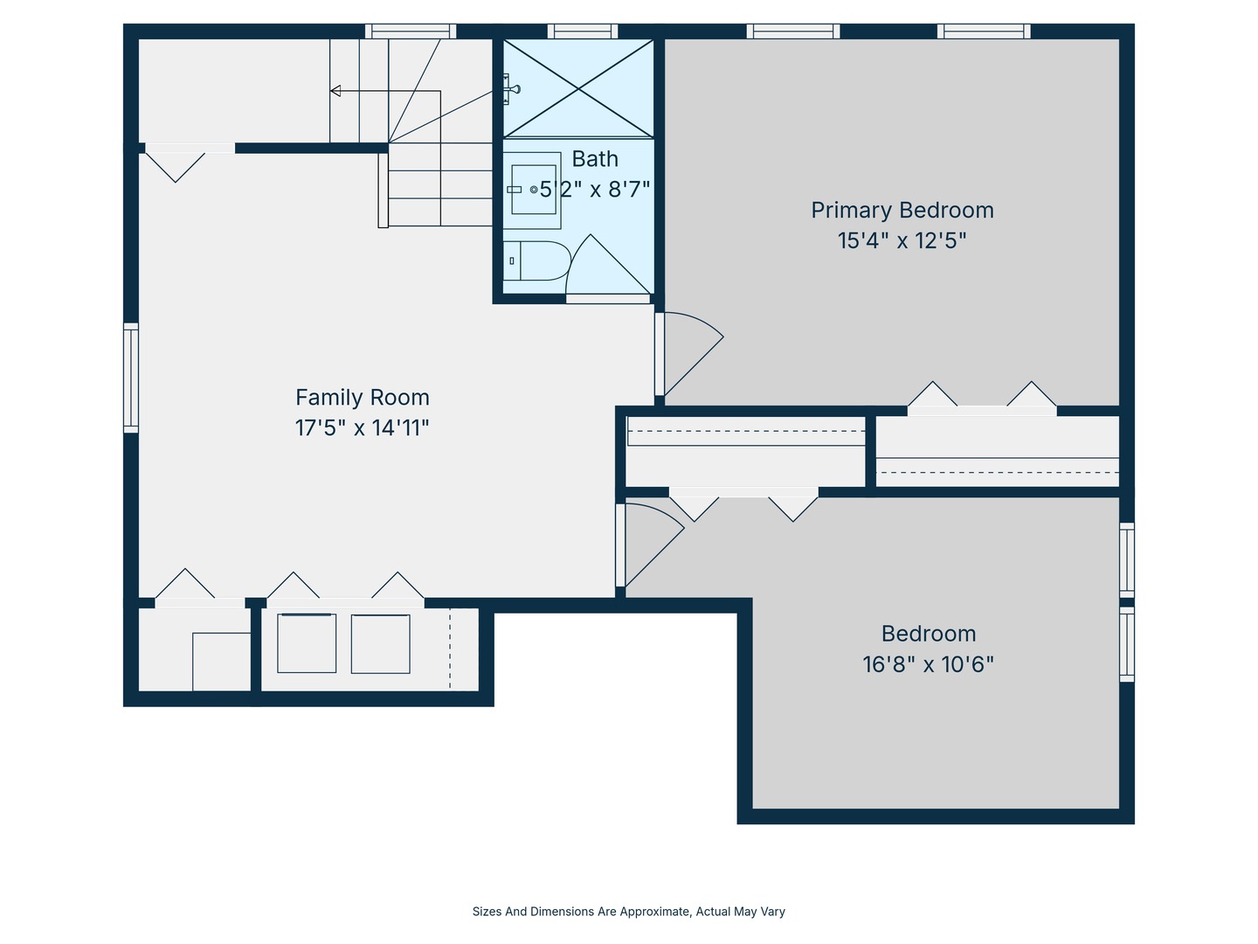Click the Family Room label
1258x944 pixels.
pos(363,397)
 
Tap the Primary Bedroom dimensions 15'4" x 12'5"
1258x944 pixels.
pos(902,240)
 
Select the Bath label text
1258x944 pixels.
pos(595,159)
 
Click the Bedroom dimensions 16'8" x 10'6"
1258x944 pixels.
pos(928,664)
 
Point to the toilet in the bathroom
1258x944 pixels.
pos(536,260)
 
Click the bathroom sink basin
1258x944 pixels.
pos(534,190)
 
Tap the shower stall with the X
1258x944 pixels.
pos(578,89)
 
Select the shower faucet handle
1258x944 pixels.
pos(511,89)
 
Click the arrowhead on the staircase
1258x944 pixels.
pos(335,91)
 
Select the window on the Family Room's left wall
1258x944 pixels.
pos(131,378)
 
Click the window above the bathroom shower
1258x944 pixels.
pos(583,31)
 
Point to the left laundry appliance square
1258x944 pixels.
pos(307,643)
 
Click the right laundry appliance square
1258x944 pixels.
pos(381,643)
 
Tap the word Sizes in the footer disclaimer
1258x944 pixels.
pos(487,912)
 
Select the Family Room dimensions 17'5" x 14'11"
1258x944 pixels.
pos(363,428)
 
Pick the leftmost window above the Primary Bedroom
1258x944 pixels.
pos(793,31)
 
